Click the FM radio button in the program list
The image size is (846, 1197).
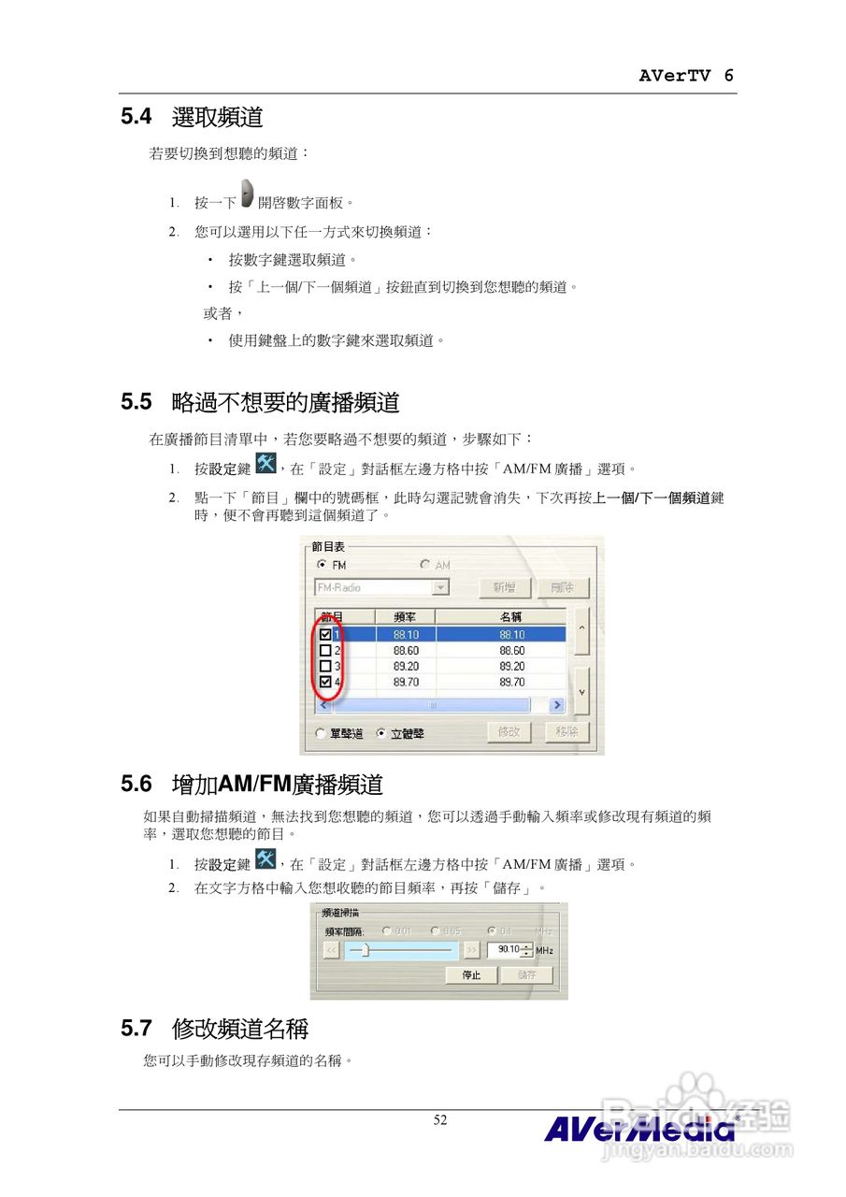click(323, 565)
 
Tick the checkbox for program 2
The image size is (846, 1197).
click(325, 651)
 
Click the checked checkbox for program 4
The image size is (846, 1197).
click(325, 683)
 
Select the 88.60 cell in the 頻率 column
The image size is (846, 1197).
click(406, 651)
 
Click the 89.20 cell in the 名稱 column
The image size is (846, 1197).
click(511, 667)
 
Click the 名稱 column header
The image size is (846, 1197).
click(510, 617)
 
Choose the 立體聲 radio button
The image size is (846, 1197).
click(381, 734)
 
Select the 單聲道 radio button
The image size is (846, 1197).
click(323, 734)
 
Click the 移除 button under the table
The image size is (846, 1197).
click(566, 731)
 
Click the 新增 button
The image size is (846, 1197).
click(505, 587)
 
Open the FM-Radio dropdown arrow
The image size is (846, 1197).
click(440, 587)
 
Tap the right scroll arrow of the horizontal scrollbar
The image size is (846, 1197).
click(557, 705)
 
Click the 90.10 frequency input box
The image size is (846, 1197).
click(508, 949)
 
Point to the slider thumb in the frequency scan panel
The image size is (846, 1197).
click(366, 950)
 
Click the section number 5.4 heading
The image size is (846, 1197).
click(136, 118)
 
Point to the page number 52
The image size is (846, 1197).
click(440, 1120)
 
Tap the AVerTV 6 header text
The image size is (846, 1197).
click(686, 77)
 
